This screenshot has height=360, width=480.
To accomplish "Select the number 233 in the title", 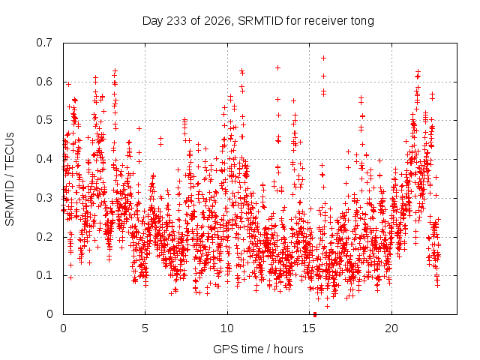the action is (x=176, y=21).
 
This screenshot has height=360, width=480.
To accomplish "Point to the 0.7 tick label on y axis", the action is (x=44, y=43).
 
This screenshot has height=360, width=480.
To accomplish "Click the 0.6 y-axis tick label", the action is (x=44, y=82).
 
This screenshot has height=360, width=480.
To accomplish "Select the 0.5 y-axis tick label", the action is (x=44, y=120).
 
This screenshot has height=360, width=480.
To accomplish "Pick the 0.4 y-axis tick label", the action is (x=44, y=159).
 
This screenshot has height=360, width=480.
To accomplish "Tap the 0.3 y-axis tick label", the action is (x=44, y=198).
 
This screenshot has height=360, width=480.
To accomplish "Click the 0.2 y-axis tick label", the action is (x=44, y=237).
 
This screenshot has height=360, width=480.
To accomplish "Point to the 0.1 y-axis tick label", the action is (x=44, y=275).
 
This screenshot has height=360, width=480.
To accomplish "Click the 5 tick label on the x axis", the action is (x=145, y=328).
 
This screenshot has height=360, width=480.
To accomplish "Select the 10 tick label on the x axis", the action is (x=227, y=328).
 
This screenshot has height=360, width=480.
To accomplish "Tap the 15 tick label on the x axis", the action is (x=309, y=328).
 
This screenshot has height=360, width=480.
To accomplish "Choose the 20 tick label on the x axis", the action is (x=391, y=328).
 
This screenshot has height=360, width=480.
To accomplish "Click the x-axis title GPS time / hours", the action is (x=258, y=349).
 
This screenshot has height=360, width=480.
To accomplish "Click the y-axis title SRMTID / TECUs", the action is (x=10, y=179).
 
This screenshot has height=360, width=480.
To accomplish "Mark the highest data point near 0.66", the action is (x=323, y=58).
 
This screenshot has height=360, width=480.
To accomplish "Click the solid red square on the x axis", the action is (x=315, y=314).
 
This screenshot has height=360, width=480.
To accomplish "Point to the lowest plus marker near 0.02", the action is (x=327, y=307).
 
